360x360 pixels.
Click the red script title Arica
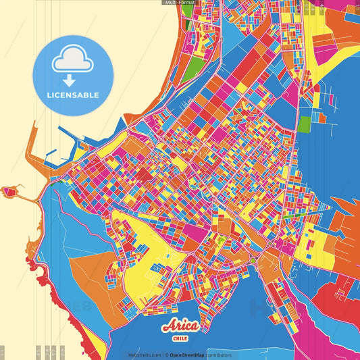(x=180, y=327)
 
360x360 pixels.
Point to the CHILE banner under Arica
(x=180, y=338)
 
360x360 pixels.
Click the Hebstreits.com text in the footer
(x=145, y=355)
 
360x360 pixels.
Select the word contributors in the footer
(x=219, y=355)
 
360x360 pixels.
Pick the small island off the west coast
(x=9, y=192)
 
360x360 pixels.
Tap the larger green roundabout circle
(x=253, y=259)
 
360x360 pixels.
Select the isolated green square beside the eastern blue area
(x=305, y=124)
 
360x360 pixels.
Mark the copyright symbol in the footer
(x=166, y=355)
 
